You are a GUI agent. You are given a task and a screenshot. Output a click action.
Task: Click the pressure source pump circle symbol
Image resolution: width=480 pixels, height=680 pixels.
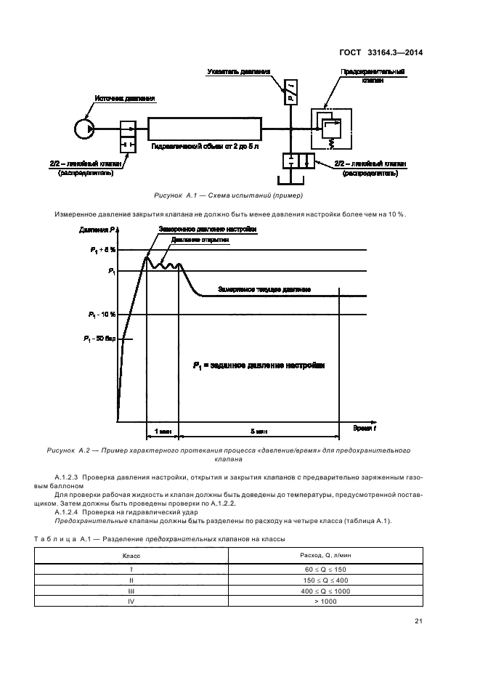(x=84, y=129)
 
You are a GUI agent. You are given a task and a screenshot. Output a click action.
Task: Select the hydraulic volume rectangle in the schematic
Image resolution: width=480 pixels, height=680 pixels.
(x=205, y=129)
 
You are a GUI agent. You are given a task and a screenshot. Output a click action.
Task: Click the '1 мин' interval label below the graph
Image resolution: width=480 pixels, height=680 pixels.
(x=163, y=431)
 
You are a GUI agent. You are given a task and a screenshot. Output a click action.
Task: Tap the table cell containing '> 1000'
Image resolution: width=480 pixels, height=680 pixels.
(x=326, y=601)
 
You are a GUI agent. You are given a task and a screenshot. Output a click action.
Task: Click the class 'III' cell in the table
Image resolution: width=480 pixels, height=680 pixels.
(x=131, y=591)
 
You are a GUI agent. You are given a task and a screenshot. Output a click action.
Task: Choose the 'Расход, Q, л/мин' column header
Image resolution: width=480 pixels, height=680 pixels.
(x=326, y=555)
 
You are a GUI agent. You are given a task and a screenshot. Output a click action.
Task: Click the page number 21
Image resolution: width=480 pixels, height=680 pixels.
(x=419, y=620)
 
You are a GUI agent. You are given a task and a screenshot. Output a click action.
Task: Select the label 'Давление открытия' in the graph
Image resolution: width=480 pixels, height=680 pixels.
(x=196, y=238)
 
